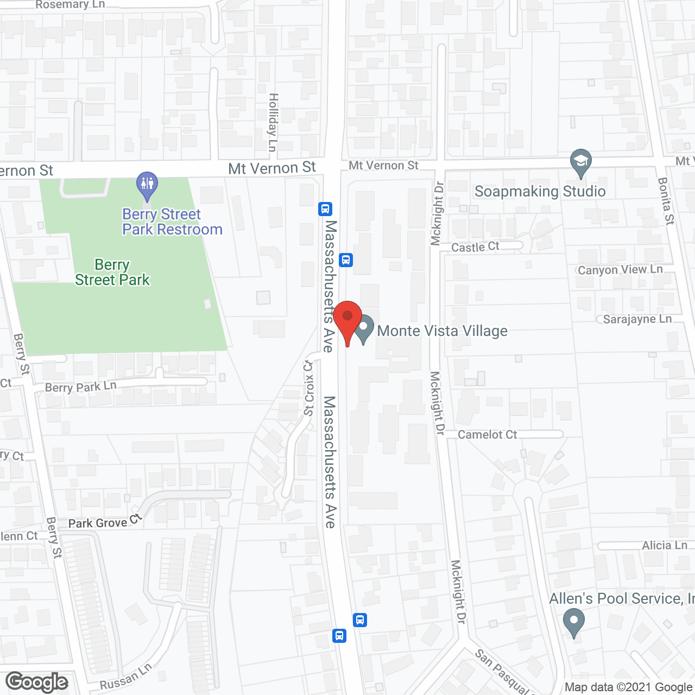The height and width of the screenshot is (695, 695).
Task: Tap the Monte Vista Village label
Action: pos(442,331)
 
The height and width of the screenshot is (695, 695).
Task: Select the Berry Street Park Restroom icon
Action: pos(147,185)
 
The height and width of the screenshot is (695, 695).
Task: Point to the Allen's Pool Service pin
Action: pos(573,622)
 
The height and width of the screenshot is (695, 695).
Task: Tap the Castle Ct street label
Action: pos(475,247)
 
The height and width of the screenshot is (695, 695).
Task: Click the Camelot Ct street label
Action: pos(487,434)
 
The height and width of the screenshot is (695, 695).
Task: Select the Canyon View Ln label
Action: pos(620,270)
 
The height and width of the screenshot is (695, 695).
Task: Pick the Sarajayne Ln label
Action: pos(637,319)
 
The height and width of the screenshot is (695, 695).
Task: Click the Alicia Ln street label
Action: pos(665,545)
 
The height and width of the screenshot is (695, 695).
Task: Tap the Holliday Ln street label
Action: pos(273,123)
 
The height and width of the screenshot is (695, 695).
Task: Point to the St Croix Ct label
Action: pos(308,388)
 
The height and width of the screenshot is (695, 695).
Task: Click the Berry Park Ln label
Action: pos(80,387)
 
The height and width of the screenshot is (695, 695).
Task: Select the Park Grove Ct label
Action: pos(105,522)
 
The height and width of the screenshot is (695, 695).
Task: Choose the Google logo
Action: pos(37,682)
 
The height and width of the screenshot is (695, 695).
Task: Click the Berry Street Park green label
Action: pos(112,272)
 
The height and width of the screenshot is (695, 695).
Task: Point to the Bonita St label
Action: pos(666,201)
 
